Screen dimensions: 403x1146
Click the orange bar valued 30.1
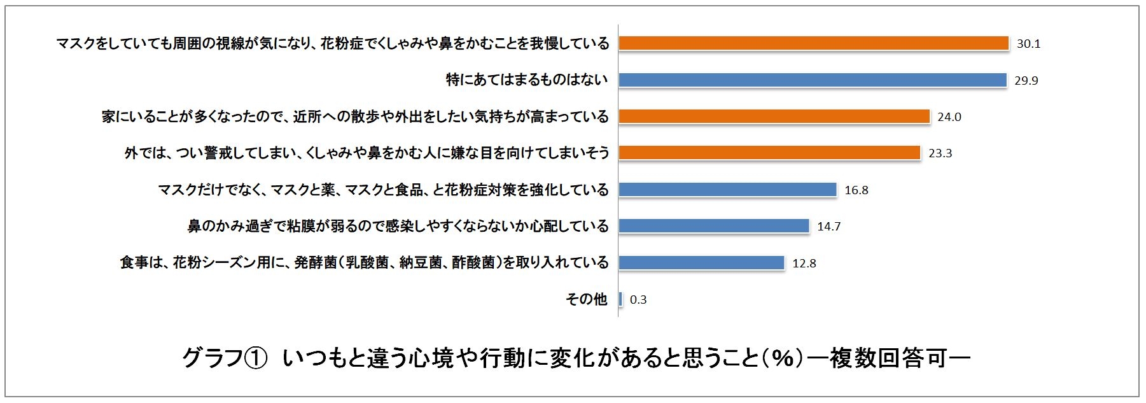tap(813, 43)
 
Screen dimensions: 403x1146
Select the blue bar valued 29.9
tap(812, 80)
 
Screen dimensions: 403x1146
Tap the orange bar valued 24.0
tap(774, 117)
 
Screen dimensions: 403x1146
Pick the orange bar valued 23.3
tap(769, 153)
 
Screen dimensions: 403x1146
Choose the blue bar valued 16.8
tap(727, 190)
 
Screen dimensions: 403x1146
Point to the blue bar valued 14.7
tap(713, 226)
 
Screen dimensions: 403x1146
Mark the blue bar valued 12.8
tap(701, 263)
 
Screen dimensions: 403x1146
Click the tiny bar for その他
tap(620, 299)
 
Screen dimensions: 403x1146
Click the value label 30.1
tap(1028, 44)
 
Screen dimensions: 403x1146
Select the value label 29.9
tap(1026, 81)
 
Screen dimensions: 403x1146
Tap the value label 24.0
tap(949, 117)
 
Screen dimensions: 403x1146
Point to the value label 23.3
tap(940, 153)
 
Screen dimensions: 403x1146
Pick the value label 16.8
tap(856, 190)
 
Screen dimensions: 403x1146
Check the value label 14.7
tap(828, 227)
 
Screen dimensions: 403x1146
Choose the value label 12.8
tap(804, 264)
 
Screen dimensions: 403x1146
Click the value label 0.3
tap(638, 300)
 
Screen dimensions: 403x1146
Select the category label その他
tap(586, 299)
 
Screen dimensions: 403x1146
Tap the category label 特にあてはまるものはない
tap(526, 80)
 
